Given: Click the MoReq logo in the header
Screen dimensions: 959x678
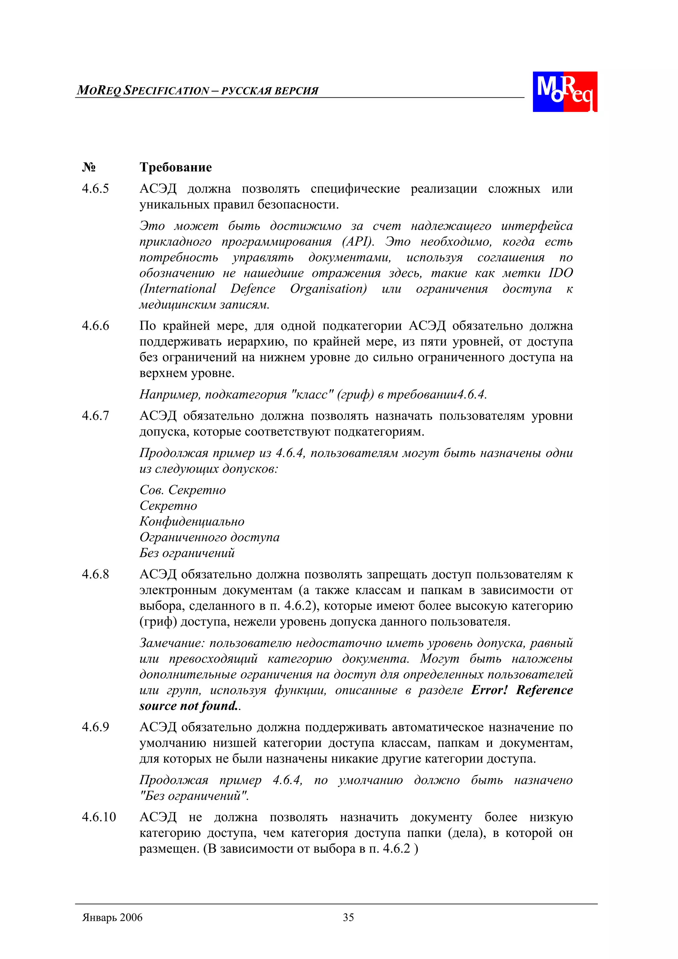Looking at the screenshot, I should coord(564,91).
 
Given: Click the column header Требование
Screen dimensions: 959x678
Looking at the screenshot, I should coord(175,167).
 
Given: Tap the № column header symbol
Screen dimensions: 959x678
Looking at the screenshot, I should coord(89,168).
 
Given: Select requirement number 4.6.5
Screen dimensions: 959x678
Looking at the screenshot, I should coord(95,189).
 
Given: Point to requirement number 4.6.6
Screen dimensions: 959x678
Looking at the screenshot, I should coord(95,326).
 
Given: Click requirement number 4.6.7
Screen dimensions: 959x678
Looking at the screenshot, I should coord(95,416).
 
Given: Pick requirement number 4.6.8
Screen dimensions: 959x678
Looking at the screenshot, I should coord(95,574).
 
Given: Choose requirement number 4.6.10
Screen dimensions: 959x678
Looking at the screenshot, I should coord(99,817).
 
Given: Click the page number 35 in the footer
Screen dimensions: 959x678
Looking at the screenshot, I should coord(348,918).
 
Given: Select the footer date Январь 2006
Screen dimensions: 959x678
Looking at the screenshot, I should coord(112,918).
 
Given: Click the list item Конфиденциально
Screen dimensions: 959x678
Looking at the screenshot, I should coord(192,522).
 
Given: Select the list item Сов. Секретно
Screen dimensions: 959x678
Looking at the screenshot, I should coord(182,490).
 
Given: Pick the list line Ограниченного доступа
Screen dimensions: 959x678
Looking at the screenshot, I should coord(209,537).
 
